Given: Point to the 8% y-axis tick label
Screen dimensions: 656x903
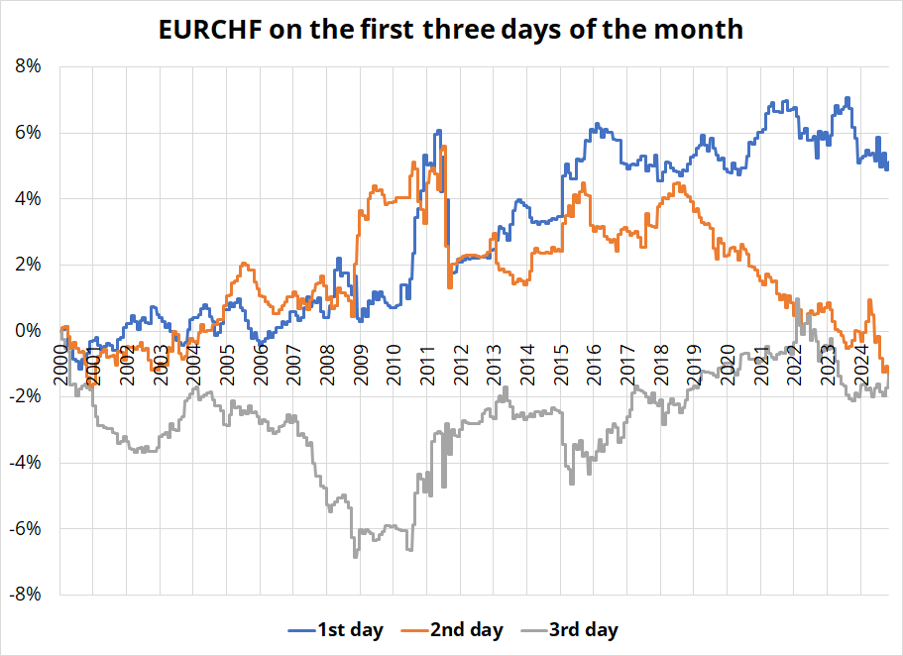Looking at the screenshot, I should click(x=27, y=67).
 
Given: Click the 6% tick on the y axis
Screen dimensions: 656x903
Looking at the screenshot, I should click(x=27, y=133).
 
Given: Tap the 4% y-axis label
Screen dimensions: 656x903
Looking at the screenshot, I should click(x=27, y=199).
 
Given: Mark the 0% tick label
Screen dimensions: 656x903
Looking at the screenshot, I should click(x=27, y=331).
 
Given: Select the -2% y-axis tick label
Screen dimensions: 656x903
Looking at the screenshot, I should click(x=24, y=396).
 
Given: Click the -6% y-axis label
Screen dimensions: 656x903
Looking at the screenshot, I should click(x=24, y=528).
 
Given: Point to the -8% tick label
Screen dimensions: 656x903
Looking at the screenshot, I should click(x=24, y=595).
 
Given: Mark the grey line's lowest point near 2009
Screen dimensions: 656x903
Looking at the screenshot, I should click(x=355, y=557).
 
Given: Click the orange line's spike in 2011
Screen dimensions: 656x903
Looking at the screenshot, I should click(x=444, y=147).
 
